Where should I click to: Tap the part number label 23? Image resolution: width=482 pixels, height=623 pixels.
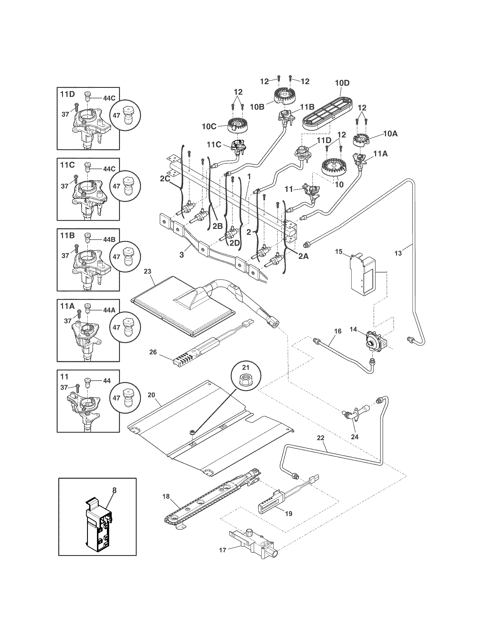[147, 271]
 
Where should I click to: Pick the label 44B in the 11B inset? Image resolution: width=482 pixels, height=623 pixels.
[109, 240]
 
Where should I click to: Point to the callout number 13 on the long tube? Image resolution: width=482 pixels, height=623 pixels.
[398, 253]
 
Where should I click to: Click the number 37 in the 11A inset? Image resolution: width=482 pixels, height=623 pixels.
[67, 321]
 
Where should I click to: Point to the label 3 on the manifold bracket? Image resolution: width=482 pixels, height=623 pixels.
[182, 255]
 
